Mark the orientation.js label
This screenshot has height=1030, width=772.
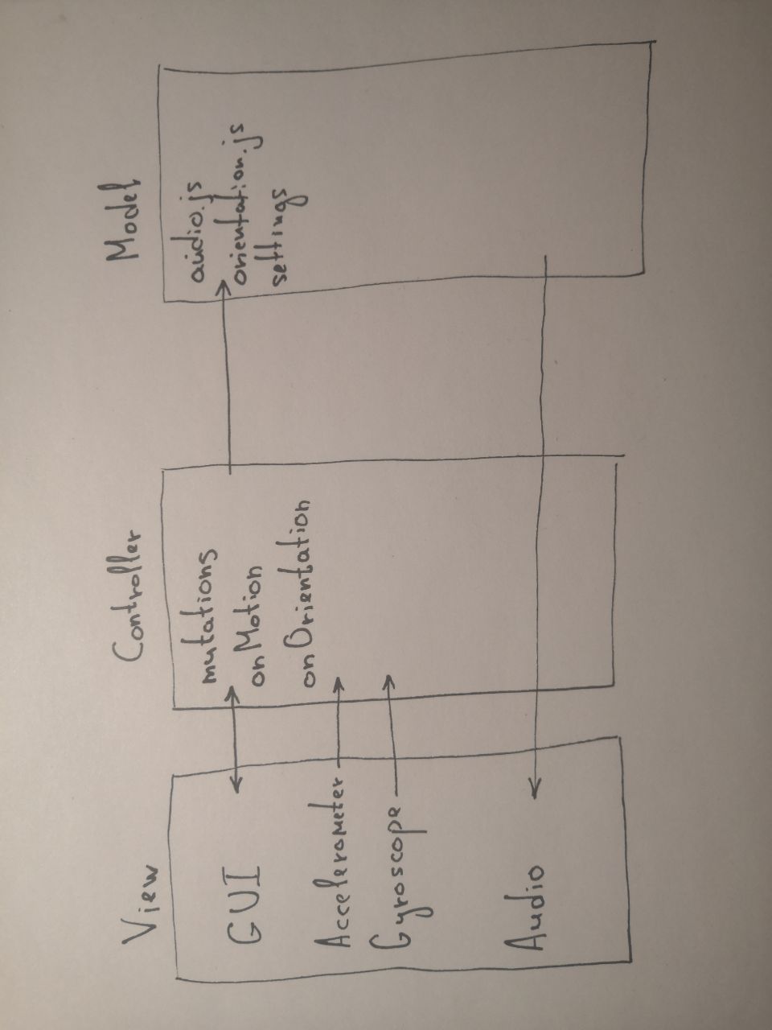246,204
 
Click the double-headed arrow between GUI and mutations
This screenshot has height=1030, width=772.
234,736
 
